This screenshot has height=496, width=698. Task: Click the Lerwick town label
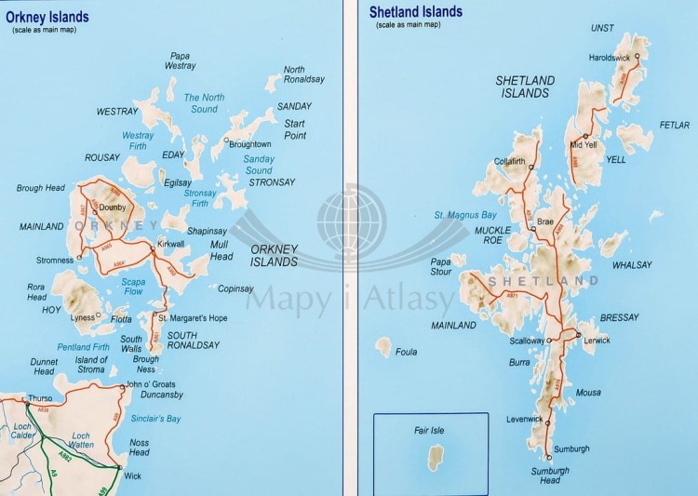click(x=597, y=341)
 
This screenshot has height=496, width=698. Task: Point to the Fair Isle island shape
click(x=433, y=458)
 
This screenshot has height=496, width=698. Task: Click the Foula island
click(x=383, y=347)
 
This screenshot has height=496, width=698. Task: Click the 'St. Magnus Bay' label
click(x=463, y=216)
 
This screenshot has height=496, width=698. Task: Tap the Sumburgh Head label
click(x=550, y=475)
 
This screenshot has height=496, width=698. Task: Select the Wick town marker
click(x=119, y=467)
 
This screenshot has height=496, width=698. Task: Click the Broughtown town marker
click(x=225, y=142)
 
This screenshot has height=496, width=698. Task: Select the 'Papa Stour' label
click(x=440, y=266)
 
